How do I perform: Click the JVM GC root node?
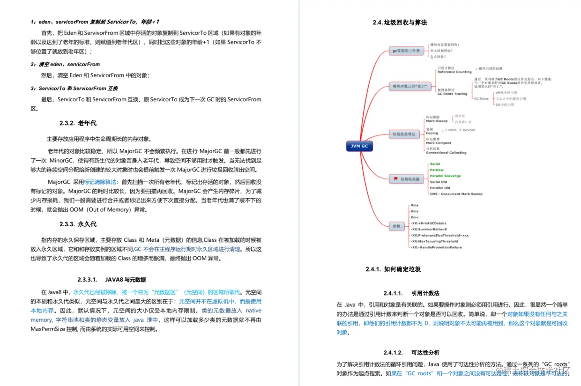coord(359,146)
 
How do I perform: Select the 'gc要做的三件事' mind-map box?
coord(406,50)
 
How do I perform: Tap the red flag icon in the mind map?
coord(396,179)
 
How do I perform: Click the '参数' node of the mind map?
coord(397,226)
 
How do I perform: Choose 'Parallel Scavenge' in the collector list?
coord(445,176)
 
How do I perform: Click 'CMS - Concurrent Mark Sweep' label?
coord(455,194)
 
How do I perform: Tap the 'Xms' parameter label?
coord(415,205)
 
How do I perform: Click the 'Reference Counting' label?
coord(454,72)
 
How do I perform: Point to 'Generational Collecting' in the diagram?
coord(446,153)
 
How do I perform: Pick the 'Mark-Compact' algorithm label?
coord(438,143)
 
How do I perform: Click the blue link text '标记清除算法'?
coord(100,181)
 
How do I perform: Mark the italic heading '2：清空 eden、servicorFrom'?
coord(65,64)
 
